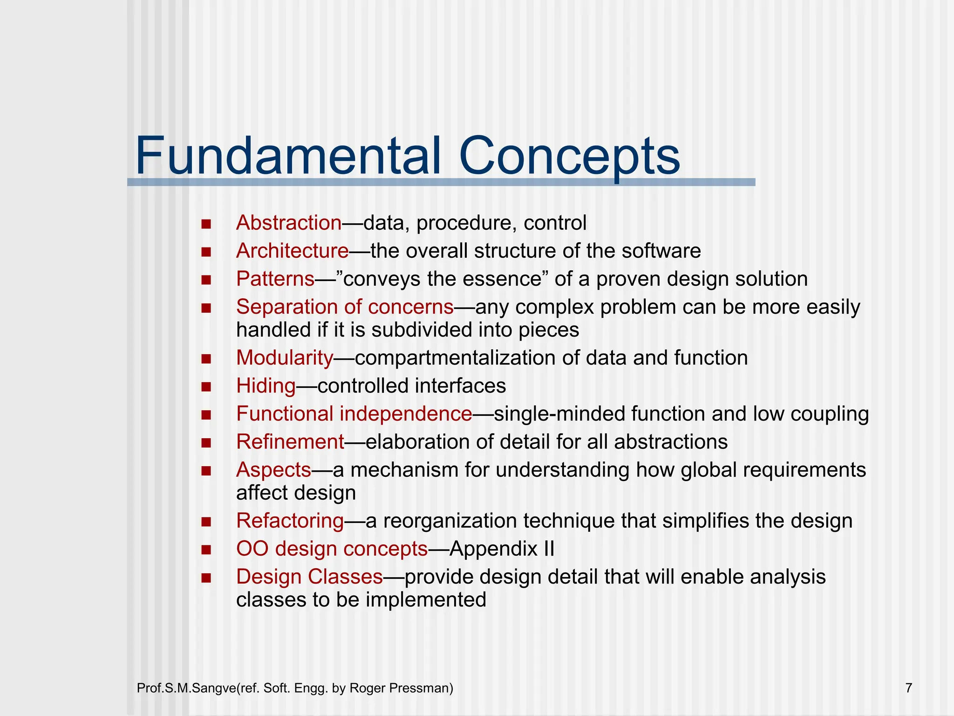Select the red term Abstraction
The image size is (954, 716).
pos(289,223)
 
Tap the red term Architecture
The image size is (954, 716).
pos(292,251)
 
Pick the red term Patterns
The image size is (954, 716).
pos(275,279)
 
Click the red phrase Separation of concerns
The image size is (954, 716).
pos(345,307)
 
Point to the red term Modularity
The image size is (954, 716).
pos(285,358)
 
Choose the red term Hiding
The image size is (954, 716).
pos(266,386)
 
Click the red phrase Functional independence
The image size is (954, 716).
pos(354,413)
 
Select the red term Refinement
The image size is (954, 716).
pos(290,441)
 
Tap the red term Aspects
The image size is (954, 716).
pos(273,469)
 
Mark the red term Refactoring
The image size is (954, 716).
pos(290,520)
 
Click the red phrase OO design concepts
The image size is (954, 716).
pos(332,548)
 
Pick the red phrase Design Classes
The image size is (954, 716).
pos(309,576)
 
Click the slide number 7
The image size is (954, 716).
pos(908,688)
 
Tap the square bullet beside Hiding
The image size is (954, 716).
pos(206,386)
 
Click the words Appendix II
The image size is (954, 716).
pos(502,548)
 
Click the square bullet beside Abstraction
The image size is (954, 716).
pos(206,224)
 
